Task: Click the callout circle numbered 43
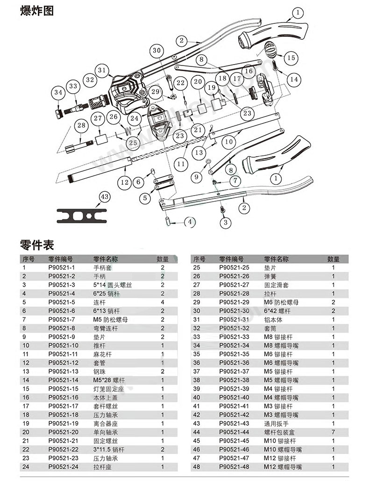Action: point(104,198)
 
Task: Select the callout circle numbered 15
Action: point(291,58)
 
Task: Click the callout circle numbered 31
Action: point(102,70)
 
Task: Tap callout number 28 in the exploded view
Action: point(82,125)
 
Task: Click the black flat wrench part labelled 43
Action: point(82,216)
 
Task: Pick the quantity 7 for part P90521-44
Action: point(333,432)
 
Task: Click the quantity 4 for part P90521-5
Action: point(163,302)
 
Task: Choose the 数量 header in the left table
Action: point(163,259)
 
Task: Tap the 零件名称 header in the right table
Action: point(276,259)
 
